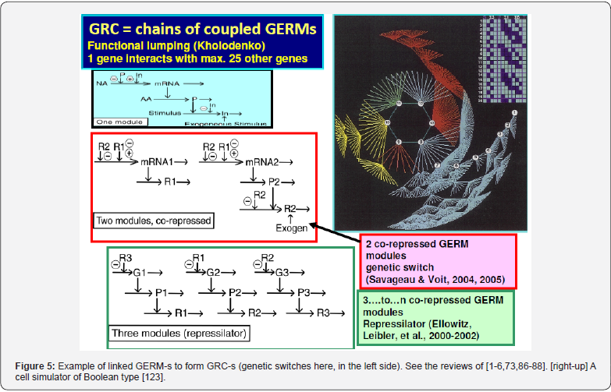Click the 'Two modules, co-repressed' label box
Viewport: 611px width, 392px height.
[153, 221]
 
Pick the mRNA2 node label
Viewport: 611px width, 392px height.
[264, 161]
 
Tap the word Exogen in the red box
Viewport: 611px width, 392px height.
[292, 228]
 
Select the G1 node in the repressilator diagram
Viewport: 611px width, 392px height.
[140, 273]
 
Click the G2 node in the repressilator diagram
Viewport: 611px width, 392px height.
[215, 273]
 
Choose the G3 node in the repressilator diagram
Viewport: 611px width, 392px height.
[284, 273]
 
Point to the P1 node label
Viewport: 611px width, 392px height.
[162, 292]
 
